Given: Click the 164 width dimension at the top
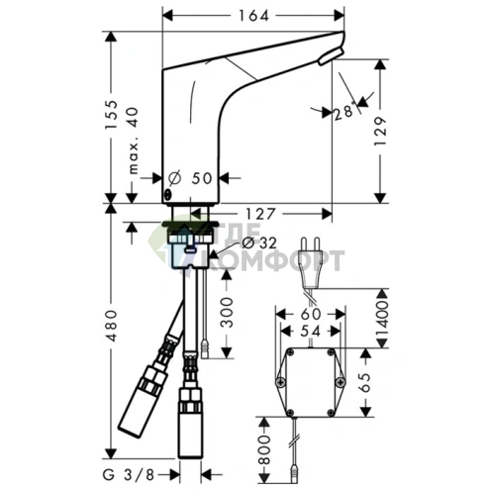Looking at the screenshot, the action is coord(253,16).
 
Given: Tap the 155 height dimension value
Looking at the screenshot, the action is coord(111,115).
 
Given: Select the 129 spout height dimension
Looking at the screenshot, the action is coord(380,131).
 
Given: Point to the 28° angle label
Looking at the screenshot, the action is coord(345,112).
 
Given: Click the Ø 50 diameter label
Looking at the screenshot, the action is coord(190,178).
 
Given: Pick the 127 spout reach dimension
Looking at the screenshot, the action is coord(259,214).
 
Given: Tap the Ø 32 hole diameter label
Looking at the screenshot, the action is coord(259,244).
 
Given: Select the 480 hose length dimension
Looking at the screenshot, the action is coord(111,326).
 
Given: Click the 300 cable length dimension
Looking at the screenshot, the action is coord(226,312).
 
